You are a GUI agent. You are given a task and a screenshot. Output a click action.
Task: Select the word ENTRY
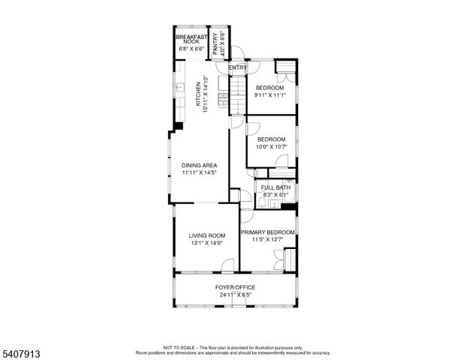(x=238, y=68)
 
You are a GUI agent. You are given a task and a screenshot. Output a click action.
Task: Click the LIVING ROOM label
(x=206, y=235)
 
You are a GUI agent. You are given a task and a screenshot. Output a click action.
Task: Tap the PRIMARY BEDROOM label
(x=267, y=232)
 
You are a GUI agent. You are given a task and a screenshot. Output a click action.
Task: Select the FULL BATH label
(x=273, y=187)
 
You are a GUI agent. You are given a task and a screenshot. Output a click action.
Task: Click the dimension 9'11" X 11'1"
(x=270, y=94)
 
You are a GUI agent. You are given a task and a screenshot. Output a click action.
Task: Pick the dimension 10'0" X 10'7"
(x=271, y=146)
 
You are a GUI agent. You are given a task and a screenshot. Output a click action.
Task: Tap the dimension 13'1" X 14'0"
(x=206, y=243)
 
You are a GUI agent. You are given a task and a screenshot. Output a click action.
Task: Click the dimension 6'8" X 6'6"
(x=191, y=49)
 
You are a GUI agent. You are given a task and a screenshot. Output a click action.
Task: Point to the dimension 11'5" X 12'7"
(x=267, y=240)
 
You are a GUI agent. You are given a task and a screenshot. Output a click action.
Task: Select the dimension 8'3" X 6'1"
(x=273, y=194)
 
